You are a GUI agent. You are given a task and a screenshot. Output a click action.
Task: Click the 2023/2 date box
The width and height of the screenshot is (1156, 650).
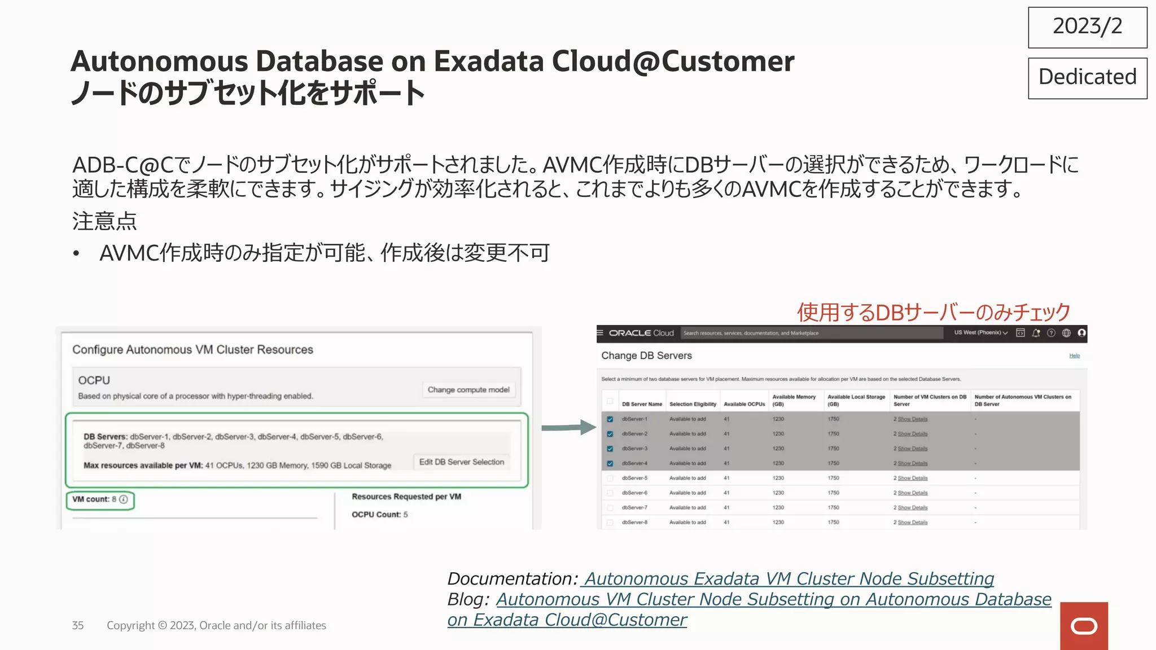click(x=1087, y=27)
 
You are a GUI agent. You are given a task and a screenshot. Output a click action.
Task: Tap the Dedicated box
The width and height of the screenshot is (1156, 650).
click(x=1087, y=78)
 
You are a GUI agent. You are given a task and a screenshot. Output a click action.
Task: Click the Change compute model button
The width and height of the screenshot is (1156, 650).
click(x=468, y=390)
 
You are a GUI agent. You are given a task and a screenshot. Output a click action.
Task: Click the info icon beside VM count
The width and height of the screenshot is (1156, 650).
click(x=124, y=499)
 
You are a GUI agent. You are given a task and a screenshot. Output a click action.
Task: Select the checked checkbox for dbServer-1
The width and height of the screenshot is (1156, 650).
click(x=610, y=419)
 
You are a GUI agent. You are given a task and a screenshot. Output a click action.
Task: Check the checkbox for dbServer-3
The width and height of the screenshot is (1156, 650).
click(x=610, y=449)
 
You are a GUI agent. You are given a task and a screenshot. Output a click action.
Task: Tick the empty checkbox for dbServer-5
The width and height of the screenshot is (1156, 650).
click(x=610, y=478)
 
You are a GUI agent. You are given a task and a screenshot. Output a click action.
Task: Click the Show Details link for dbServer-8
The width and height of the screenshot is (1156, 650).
click(x=912, y=522)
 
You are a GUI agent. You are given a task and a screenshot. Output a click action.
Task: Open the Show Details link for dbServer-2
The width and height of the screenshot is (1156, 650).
click(x=912, y=434)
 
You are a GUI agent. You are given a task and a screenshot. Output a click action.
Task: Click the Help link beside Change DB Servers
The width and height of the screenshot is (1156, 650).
click(x=1074, y=356)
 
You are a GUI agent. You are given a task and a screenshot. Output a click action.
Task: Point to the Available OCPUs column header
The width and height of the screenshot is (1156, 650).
click(x=744, y=404)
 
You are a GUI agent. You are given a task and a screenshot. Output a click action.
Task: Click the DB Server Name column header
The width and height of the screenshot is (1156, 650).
click(x=642, y=404)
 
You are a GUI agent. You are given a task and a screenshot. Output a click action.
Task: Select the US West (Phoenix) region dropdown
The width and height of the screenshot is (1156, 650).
click(x=980, y=333)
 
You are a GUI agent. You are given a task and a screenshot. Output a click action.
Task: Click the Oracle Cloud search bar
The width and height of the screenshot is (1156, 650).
click(x=811, y=333)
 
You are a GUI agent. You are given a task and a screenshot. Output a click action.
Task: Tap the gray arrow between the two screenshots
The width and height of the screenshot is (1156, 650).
click(x=568, y=428)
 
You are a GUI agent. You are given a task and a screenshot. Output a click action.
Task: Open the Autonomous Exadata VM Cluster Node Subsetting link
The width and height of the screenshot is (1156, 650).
click(x=789, y=579)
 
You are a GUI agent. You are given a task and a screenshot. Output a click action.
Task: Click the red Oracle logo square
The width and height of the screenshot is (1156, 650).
click(x=1084, y=626)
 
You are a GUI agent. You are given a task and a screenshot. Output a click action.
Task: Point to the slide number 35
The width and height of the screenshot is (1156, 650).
click(x=78, y=625)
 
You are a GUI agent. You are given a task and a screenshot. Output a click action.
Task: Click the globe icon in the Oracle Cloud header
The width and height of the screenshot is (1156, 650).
click(x=1066, y=333)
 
